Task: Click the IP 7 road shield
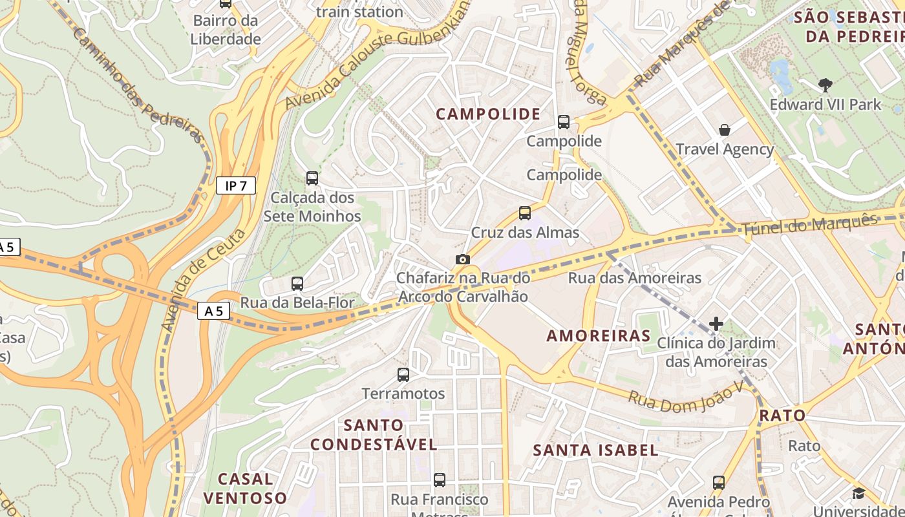click(236, 186)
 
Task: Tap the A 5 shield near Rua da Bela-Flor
click(214, 311)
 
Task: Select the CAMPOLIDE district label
click(488, 114)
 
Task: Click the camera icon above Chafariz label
click(463, 260)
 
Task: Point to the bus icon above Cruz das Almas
click(525, 213)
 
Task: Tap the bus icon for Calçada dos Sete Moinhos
click(312, 178)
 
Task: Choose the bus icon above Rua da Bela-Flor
click(297, 283)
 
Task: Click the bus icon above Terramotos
click(403, 374)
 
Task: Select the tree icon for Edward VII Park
click(825, 85)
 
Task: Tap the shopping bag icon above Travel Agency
click(725, 130)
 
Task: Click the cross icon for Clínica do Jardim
click(716, 323)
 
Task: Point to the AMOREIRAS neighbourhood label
click(599, 335)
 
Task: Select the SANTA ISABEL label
click(595, 450)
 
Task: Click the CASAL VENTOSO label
click(245, 488)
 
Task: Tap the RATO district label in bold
click(782, 415)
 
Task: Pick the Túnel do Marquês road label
click(810, 224)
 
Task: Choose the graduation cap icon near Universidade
click(858, 494)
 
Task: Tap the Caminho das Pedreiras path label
click(136, 84)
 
